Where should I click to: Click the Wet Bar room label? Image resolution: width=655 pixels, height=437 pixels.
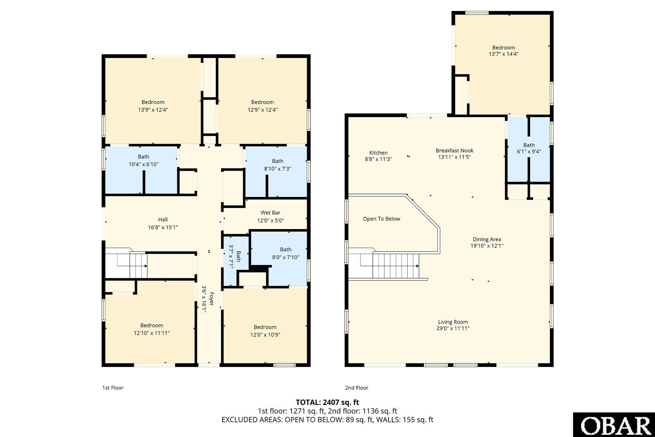[270, 213]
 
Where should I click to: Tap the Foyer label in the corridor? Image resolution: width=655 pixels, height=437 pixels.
[211, 299]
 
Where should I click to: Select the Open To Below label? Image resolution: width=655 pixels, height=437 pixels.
[381, 219]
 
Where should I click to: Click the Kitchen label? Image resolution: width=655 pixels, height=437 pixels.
[378, 153]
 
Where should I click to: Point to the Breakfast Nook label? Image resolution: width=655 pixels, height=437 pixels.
[454, 151]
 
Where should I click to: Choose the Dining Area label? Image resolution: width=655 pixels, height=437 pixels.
[487, 239]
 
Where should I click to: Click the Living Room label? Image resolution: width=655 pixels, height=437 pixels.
[453, 322]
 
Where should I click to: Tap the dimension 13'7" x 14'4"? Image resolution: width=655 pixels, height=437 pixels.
[503, 54]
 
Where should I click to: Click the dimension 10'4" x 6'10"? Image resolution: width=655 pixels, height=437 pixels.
[143, 164]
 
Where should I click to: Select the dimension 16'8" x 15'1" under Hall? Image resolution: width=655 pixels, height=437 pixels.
[163, 227]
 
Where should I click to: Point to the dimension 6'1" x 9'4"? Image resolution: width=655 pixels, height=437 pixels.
[529, 152]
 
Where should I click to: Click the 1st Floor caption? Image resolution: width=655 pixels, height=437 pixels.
[113, 388]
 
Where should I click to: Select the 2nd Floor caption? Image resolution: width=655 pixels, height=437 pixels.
[357, 388]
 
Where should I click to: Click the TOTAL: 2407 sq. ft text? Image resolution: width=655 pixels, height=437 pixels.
[327, 402]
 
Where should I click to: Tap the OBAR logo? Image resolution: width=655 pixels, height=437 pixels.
[614, 425]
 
